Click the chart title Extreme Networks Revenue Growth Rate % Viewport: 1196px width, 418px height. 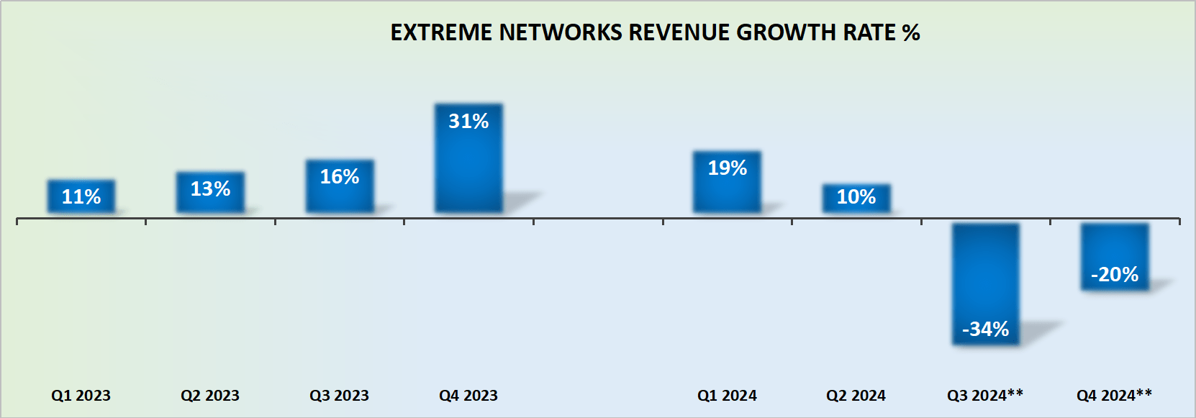(655, 32)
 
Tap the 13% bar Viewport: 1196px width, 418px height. (210, 192)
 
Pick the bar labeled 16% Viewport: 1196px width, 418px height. (340, 186)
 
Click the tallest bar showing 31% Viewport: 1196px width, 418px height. (468, 158)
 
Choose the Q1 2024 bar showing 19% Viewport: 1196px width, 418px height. (727, 182)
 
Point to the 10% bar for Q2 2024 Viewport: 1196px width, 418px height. (856, 198)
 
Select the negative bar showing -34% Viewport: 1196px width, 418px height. (985, 284)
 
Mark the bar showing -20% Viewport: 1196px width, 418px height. (1115, 257)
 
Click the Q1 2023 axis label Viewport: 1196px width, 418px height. (81, 396)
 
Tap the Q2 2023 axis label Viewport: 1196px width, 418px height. (210, 396)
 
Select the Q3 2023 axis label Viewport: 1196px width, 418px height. (339, 396)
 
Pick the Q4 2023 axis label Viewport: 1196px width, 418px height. (468, 396)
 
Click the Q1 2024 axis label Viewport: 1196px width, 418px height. (727, 396)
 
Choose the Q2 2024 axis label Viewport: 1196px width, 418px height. (856, 396)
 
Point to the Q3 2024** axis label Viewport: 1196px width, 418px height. (985, 396)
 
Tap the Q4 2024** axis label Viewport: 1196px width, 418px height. (1114, 396)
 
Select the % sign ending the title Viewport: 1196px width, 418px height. (911, 32)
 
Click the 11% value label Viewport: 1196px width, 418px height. (81, 196)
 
